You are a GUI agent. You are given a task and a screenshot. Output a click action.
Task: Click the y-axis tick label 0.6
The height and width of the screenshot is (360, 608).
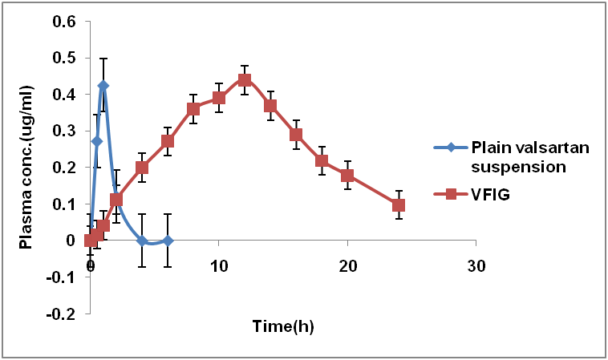coord(65,21)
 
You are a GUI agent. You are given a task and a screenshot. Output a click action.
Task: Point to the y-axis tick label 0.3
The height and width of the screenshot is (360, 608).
coord(65,131)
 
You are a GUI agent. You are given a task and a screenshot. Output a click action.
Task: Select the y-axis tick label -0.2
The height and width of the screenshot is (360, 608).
coord(63,313)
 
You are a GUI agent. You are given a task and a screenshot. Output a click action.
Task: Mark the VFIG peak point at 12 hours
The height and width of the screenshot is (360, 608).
coord(245,79)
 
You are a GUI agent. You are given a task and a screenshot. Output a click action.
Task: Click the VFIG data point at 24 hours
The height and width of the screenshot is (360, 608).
coord(399,204)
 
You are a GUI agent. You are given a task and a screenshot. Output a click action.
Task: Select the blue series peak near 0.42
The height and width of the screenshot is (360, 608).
coord(103,85)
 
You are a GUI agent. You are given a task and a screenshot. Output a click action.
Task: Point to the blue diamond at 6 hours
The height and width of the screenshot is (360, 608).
coord(168,241)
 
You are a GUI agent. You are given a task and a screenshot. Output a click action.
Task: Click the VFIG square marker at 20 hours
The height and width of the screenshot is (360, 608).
coord(347,176)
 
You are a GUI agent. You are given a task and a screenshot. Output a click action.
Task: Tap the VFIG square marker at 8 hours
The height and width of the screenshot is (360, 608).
coord(193,108)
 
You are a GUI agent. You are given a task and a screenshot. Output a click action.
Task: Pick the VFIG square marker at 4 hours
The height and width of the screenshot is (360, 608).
coord(142,168)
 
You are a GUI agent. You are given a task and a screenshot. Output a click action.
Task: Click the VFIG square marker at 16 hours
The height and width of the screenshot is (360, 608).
coord(296,134)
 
